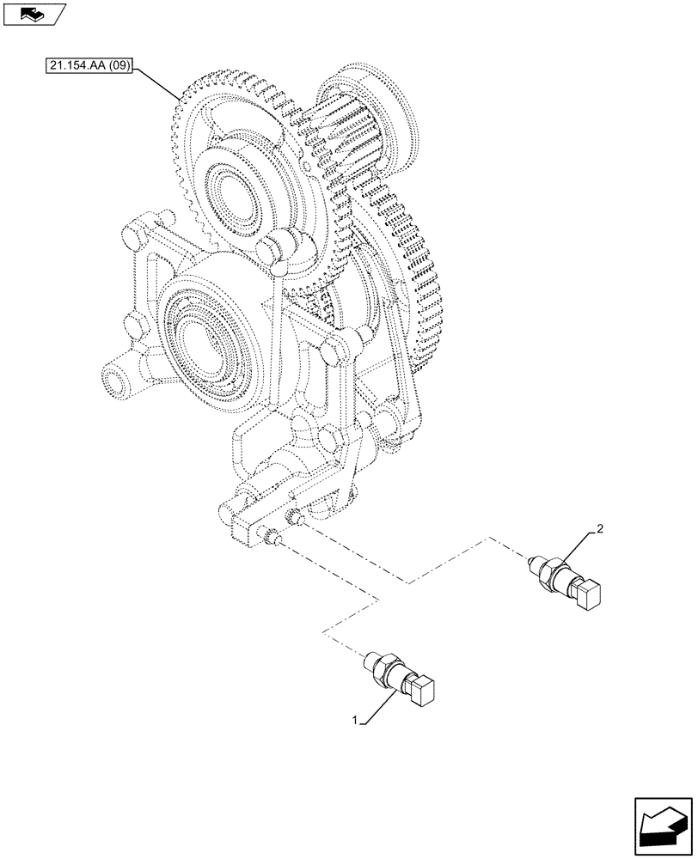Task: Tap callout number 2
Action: [599, 528]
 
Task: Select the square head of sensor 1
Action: [424, 692]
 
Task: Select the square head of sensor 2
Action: [589, 594]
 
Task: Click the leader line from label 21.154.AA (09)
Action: [159, 82]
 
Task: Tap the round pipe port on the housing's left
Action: [109, 377]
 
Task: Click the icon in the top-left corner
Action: [34, 15]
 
